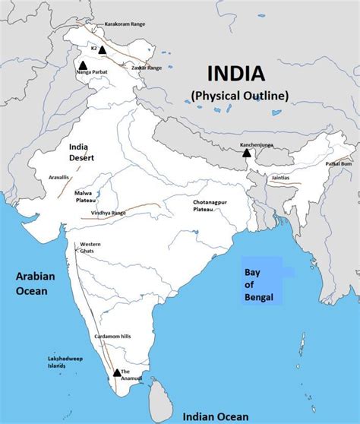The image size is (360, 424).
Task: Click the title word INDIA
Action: pos(236,74)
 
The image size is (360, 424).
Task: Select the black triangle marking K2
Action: pos(102,49)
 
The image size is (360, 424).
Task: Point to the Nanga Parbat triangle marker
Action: pos(82,65)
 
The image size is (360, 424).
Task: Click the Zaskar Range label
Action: pos(144,68)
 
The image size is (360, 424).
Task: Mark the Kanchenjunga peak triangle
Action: pos(247,153)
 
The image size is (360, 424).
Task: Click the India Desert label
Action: pos(82,152)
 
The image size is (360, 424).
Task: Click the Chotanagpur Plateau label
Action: pos(211,206)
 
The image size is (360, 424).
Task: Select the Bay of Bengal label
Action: pos(258,283)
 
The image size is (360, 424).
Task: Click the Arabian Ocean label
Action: pos(36,283)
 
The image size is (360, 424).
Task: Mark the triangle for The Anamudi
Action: pos(116,372)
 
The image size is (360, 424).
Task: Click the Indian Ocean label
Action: pos(210,416)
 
